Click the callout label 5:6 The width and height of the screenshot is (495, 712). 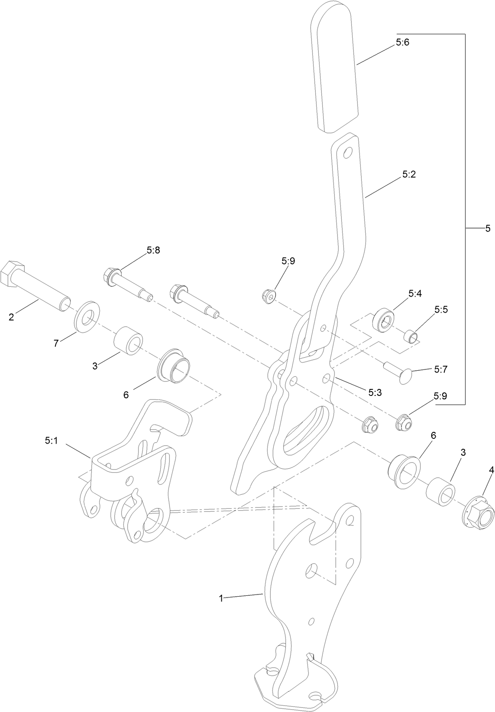click(402, 42)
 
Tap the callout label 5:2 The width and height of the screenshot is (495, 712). click(408, 174)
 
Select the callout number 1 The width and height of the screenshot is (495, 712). click(221, 598)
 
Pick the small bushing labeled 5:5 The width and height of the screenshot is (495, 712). click(412, 336)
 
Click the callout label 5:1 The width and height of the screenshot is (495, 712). click(51, 440)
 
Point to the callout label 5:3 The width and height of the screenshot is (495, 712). click(375, 392)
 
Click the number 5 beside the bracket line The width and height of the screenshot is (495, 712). click(488, 229)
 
